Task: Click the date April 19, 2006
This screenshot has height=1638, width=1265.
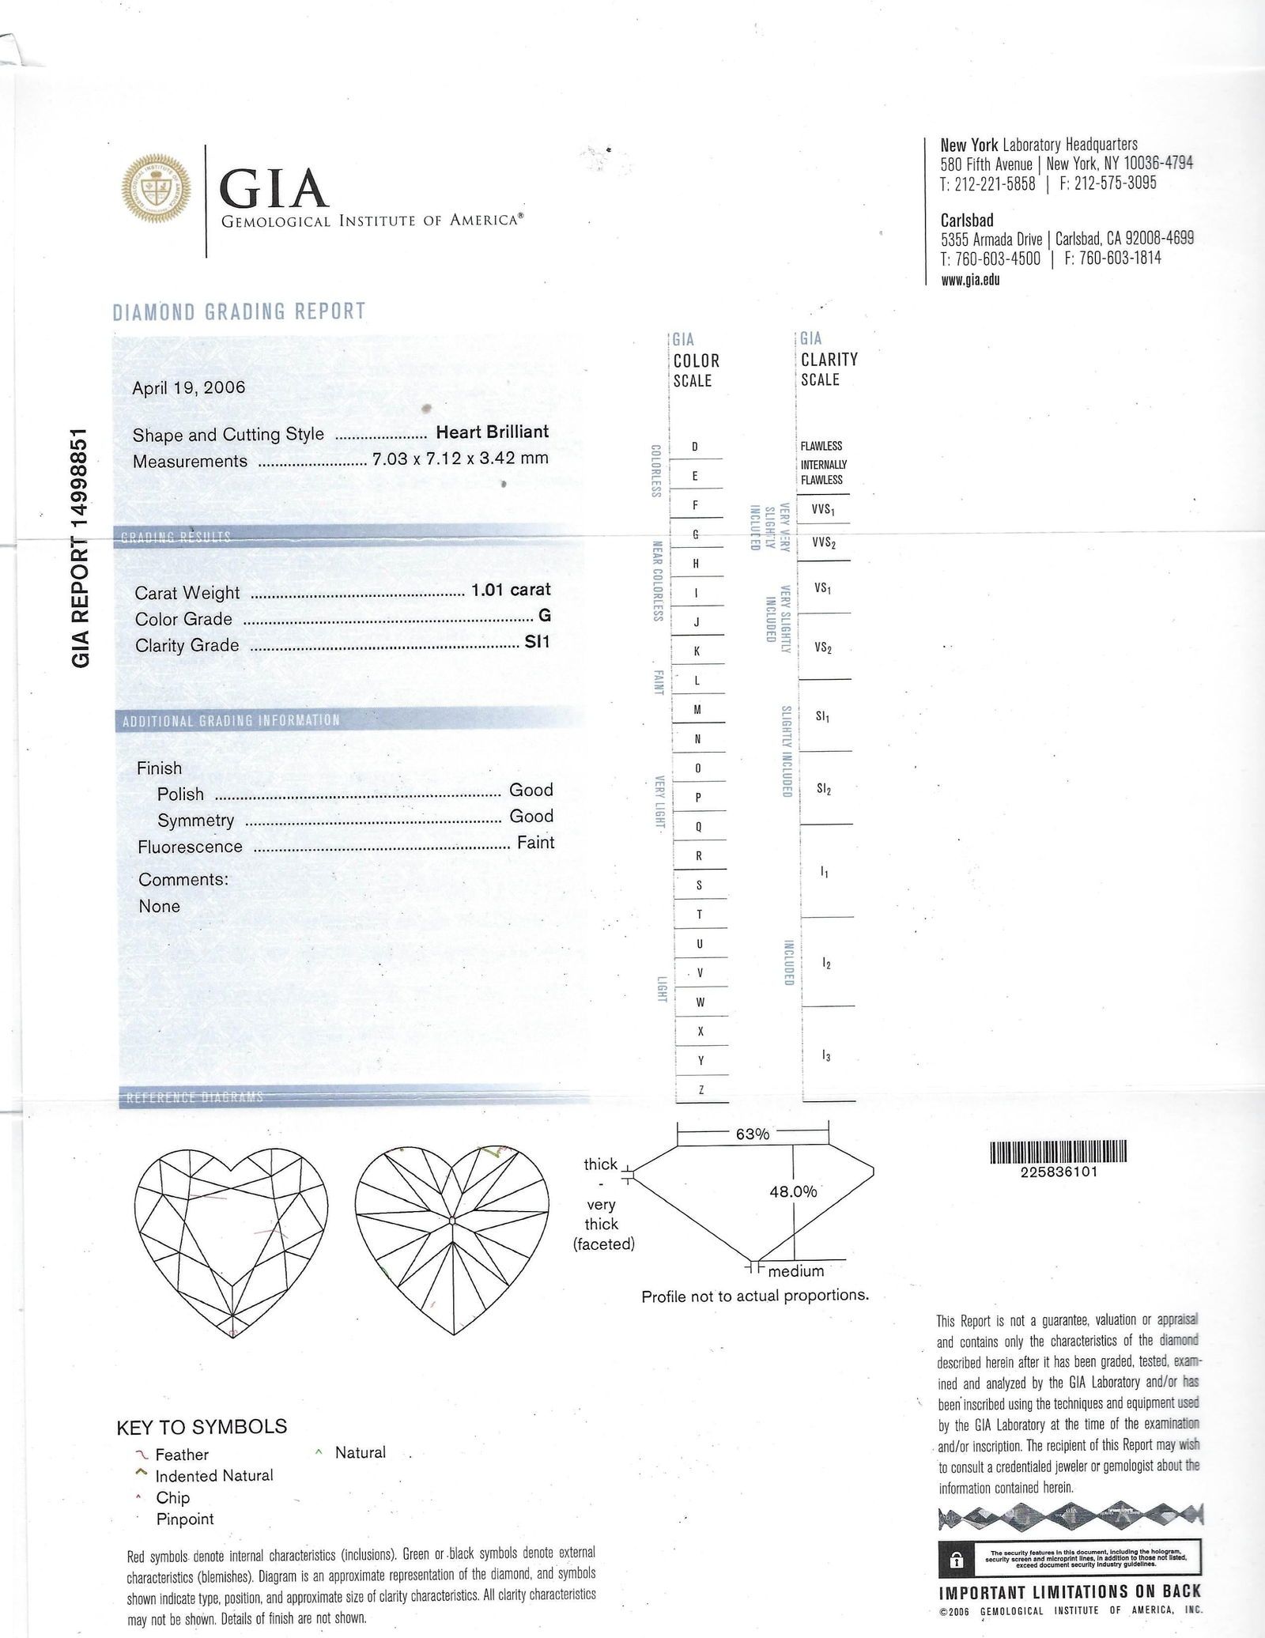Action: pos(189,387)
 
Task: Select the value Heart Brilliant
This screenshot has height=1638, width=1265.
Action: pos(492,432)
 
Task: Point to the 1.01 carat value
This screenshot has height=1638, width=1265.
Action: pos(511,590)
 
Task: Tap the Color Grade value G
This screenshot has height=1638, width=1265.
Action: pos(544,616)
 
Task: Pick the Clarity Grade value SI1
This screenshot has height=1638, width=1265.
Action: pos(537,643)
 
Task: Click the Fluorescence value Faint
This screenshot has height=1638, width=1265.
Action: pos(535,843)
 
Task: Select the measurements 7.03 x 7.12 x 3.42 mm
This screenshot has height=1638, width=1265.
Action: pos(460,459)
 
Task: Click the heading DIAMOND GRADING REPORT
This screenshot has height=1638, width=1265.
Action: pos(239,311)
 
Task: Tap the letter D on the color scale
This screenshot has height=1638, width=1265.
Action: pos(695,447)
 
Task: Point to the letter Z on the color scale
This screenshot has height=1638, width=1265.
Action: pos(701,1090)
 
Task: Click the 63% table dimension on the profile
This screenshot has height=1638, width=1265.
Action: pos(752,1134)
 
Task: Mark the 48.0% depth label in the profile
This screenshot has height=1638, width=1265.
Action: pos(793,1191)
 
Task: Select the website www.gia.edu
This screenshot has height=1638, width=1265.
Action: pos(970,279)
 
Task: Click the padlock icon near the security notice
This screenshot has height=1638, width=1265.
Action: pos(956,1558)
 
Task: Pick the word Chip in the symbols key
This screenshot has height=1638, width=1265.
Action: pos(172,1497)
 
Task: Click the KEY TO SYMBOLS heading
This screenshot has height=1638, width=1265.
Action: pos(202,1426)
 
